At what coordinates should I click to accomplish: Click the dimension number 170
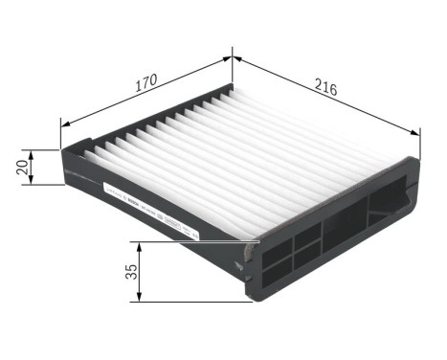[x=145, y=82]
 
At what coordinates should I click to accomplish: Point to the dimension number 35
[x=132, y=271]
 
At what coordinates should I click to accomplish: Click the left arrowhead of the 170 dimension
[x=64, y=122]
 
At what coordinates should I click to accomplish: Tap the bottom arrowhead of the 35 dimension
[x=142, y=299]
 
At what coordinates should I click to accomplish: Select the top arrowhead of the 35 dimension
[x=142, y=244]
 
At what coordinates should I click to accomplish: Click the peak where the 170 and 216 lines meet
[x=233, y=57]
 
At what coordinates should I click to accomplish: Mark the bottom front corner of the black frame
[x=253, y=300]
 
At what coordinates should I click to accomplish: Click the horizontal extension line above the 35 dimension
[x=191, y=240]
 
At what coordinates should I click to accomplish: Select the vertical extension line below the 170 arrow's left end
[x=61, y=134]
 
